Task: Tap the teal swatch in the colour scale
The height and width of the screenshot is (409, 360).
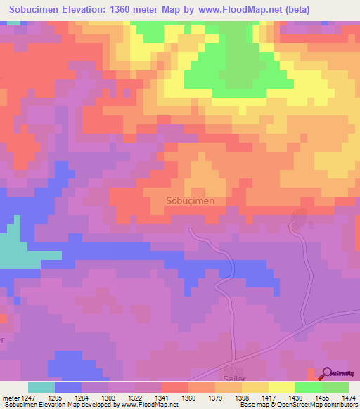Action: coord(41,387)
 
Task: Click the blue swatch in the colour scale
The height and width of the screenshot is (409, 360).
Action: coord(68,387)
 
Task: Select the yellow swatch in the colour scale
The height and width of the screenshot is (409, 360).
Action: coord(281,387)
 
